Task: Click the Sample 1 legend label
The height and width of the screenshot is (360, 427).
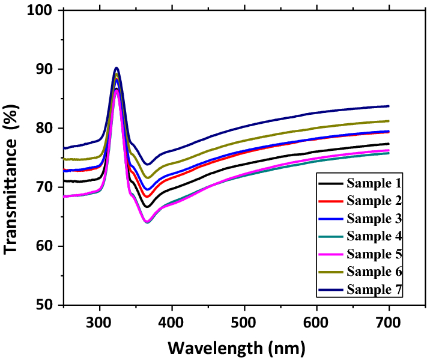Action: pos(374,183)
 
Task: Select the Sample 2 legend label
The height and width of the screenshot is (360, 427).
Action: pos(374,201)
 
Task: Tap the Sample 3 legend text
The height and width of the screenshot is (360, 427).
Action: pos(374,219)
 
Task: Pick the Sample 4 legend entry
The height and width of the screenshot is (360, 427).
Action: pos(374,236)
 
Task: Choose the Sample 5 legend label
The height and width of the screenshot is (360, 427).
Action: pos(374,254)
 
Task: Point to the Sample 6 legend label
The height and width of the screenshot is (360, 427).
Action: pos(374,272)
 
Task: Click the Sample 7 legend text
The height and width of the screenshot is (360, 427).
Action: pos(374,290)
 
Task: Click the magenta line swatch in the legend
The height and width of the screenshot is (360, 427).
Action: pos(330,254)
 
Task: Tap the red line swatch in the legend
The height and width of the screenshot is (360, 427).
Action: pos(330,201)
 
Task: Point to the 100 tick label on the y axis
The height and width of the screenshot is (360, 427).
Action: pos(40,10)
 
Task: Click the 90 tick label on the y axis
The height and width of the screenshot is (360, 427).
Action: pos(44,69)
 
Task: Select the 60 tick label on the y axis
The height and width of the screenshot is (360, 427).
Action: pos(44,246)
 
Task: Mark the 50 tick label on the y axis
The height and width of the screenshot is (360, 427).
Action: pos(44,305)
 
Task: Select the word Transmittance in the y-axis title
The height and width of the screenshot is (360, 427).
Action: pos(10,197)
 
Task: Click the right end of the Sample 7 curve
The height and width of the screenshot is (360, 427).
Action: pos(389,106)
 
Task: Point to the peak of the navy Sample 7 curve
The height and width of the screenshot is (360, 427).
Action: pos(117,67)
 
